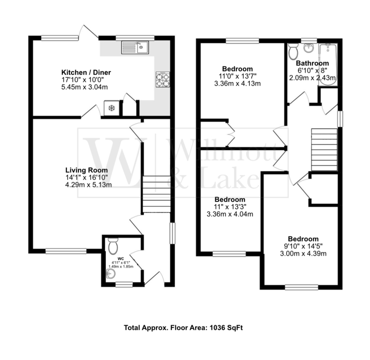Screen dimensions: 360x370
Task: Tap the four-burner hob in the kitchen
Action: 163,79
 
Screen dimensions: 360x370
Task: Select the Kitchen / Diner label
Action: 86,72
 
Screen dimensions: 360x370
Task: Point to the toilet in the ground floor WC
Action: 113,245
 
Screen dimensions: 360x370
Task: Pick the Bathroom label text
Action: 313,63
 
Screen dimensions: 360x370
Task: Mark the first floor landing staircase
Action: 325,142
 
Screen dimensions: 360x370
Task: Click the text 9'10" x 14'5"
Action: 303,246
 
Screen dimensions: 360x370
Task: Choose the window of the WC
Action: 124,284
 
